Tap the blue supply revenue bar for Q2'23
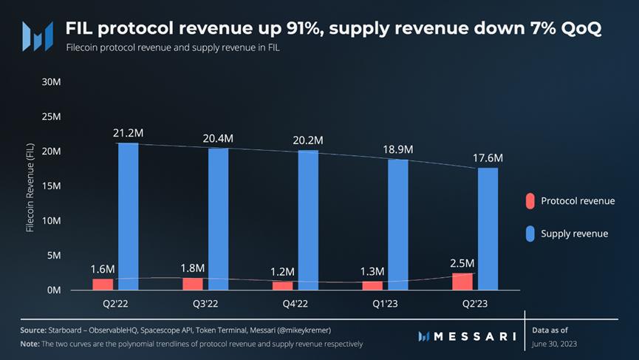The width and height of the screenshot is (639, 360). click(488, 228)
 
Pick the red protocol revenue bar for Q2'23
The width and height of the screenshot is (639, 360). click(462, 281)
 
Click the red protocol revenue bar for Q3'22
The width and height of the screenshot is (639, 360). click(194, 283)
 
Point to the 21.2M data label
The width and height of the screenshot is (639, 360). click(128, 133)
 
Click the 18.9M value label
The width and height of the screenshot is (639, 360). click(398, 149)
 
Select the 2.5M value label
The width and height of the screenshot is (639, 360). click(462, 263)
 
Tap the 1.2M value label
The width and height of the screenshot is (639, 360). click(283, 272)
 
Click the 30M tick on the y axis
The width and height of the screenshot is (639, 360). click(50, 81)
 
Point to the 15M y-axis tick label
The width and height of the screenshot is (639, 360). click(50, 186)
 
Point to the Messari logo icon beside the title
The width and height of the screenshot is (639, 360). click(37, 35)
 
